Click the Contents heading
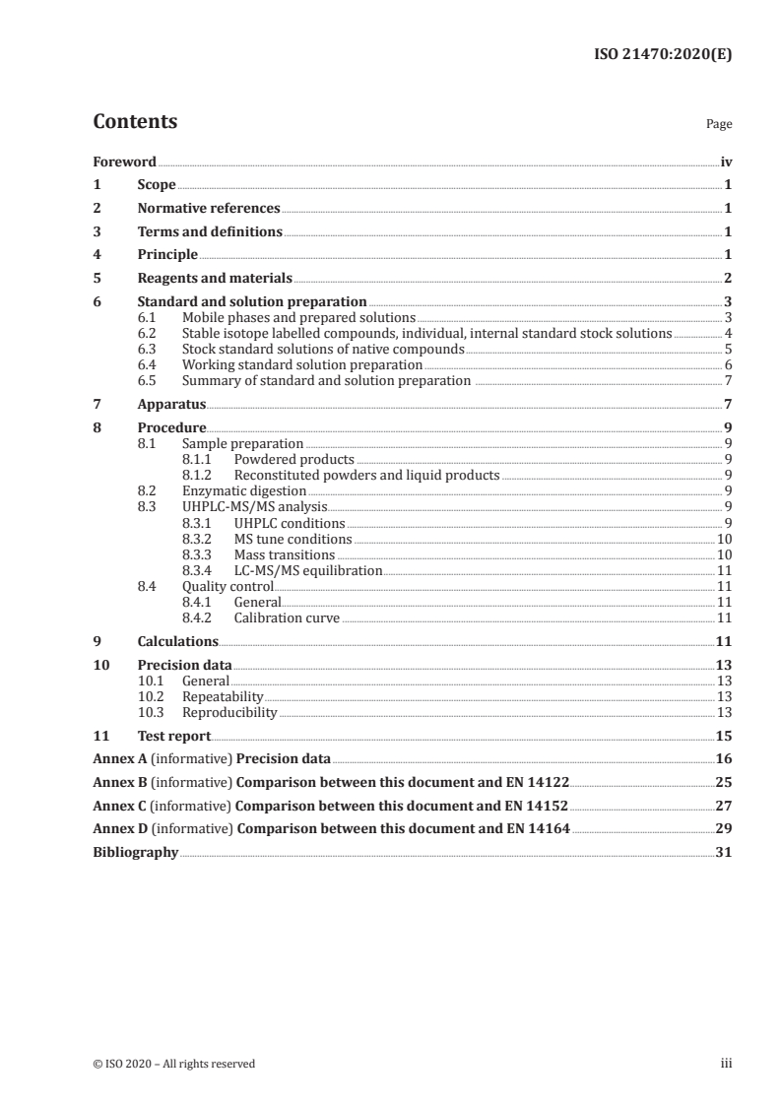click(x=135, y=122)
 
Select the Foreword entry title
click(x=124, y=162)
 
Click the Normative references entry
click(x=209, y=209)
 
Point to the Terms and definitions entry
click(x=210, y=232)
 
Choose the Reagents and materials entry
click(x=215, y=279)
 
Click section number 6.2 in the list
click(x=147, y=334)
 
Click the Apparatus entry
click(x=171, y=405)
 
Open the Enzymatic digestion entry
click(x=244, y=490)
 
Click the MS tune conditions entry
click(x=293, y=539)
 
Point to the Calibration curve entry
click(x=287, y=618)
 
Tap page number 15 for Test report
click(x=724, y=736)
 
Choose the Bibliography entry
click(x=135, y=853)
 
